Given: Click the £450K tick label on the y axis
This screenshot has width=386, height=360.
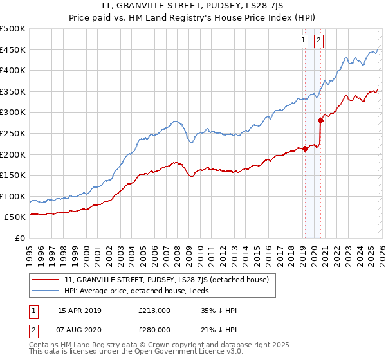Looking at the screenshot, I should point(13,50).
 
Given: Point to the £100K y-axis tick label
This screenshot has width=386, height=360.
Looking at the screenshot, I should point(13,197).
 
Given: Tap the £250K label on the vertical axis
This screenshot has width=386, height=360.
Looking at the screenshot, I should point(13,134).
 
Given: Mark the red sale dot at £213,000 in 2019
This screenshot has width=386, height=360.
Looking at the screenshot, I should point(305,149).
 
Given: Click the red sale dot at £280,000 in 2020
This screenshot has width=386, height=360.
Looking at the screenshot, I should point(320,120).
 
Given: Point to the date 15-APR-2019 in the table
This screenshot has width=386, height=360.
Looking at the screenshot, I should point(80,310).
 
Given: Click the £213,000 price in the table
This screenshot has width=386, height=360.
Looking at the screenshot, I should point(154,310).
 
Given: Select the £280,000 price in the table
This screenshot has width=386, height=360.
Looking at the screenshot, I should point(154,330).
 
